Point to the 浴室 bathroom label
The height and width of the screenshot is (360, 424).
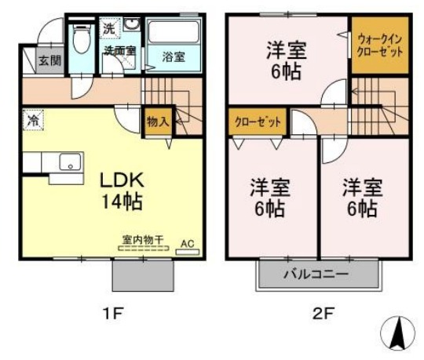coord(174,56)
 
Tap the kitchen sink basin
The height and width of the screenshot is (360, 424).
coord(69,164)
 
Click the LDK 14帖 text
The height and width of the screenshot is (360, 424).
coord(119,191)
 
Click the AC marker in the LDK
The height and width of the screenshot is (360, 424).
coord(187,244)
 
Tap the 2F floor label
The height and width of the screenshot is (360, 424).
coord(323,315)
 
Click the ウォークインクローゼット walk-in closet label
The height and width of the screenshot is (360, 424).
coord(380,44)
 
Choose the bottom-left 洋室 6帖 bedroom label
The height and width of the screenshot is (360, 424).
coord(271,198)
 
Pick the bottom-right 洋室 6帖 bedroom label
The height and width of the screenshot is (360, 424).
coord(361,198)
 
